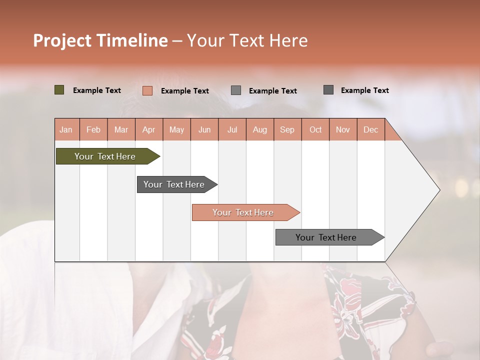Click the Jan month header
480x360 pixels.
pos(66,129)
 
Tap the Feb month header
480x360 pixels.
pos(93,129)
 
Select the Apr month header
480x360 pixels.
pos(149,129)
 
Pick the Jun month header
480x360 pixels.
pos(204,129)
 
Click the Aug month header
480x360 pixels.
pos(260,129)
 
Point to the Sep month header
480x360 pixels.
pos(287,129)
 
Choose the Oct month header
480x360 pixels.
pos(315,129)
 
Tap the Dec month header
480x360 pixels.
pos(371,129)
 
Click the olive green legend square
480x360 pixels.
pos(59,90)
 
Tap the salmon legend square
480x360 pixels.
pos(147,90)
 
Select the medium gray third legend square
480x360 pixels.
pos(236,90)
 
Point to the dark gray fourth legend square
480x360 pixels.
pos(328,90)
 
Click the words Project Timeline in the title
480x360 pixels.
pos(100,40)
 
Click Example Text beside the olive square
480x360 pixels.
pos(97,90)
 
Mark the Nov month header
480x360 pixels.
pos(343,129)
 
